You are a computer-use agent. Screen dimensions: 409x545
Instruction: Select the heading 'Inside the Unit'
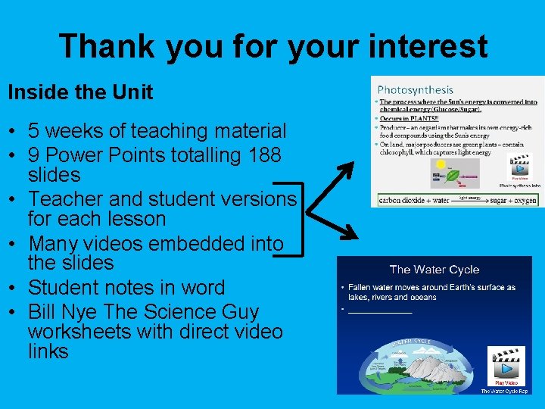[80, 92]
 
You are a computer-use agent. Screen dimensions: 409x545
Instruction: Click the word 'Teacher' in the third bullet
[66, 199]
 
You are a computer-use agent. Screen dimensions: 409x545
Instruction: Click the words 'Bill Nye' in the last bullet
[59, 312]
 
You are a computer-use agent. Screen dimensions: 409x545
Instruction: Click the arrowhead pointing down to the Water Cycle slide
[349, 230]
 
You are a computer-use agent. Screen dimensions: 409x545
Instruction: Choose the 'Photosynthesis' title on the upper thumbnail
[415, 90]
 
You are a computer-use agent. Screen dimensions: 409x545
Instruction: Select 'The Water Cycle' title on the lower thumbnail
[434, 270]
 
